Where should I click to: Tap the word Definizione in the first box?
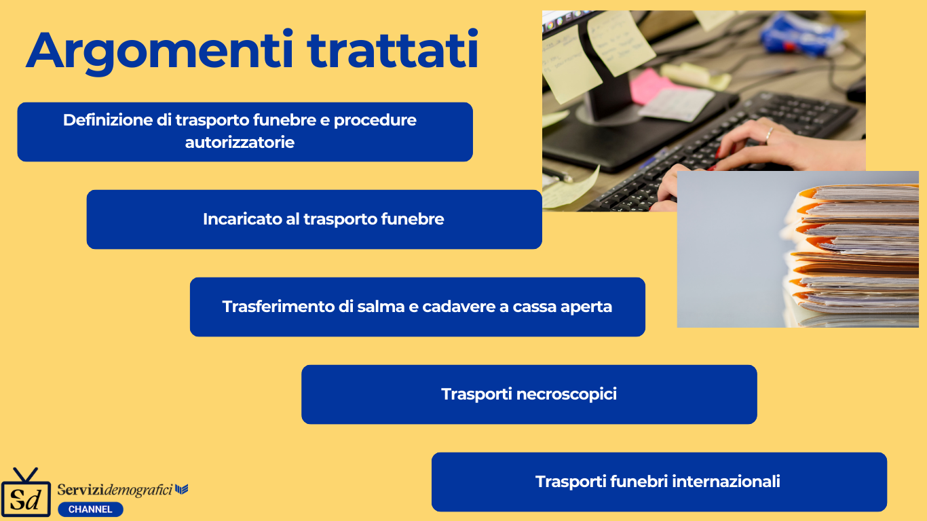108,120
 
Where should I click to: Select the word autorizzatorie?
240,142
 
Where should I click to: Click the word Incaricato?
242,219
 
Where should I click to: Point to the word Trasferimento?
278,307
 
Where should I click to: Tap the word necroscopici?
567,395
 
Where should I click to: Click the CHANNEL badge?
90,509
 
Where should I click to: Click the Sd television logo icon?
26,492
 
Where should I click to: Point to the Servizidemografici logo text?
115,490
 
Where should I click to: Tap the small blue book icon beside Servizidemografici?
181,489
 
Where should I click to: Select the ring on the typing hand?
769,134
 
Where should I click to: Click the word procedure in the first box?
375,121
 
